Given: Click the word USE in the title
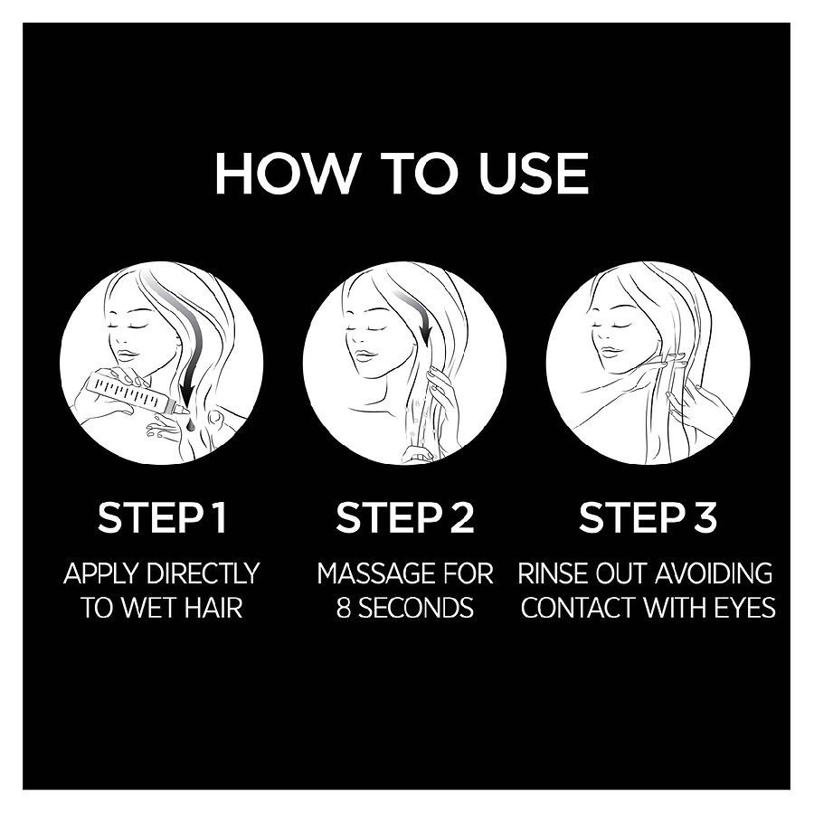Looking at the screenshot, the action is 534,174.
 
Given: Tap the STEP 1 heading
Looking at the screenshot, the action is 162,517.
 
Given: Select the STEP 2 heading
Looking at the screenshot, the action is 405,517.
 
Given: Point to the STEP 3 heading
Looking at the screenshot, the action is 648,517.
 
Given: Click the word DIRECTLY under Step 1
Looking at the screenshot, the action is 203,573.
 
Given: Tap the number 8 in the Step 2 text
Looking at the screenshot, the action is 344,608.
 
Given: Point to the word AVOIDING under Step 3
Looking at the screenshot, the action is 715,573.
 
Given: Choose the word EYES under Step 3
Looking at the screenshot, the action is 745,608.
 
